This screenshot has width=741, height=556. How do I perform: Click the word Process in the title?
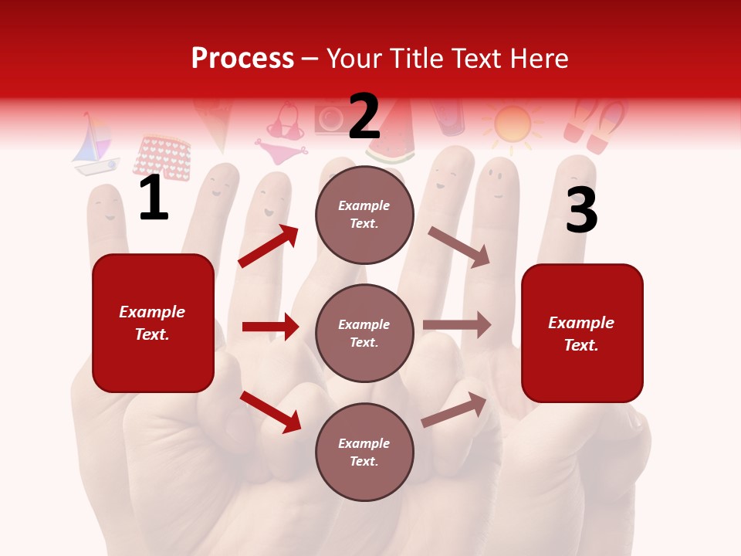[242, 59]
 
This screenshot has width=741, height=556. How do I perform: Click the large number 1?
[154, 198]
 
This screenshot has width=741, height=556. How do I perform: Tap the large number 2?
[364, 117]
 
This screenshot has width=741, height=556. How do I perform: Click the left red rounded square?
[153, 323]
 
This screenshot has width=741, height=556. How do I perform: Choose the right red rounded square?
[582, 333]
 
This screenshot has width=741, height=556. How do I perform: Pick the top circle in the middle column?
[364, 215]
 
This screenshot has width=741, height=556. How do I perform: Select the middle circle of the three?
[364, 333]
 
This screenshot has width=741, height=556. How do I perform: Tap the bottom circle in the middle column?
[364, 452]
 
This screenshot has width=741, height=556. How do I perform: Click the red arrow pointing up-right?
[269, 246]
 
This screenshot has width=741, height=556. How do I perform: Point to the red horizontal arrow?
[270, 327]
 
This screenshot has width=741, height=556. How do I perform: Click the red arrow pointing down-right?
[270, 412]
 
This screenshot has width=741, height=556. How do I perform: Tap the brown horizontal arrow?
[457, 325]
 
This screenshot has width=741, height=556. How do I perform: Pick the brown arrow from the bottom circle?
[455, 409]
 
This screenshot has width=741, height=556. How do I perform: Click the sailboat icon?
[95, 145]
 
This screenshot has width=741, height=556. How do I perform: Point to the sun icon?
[512, 124]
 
